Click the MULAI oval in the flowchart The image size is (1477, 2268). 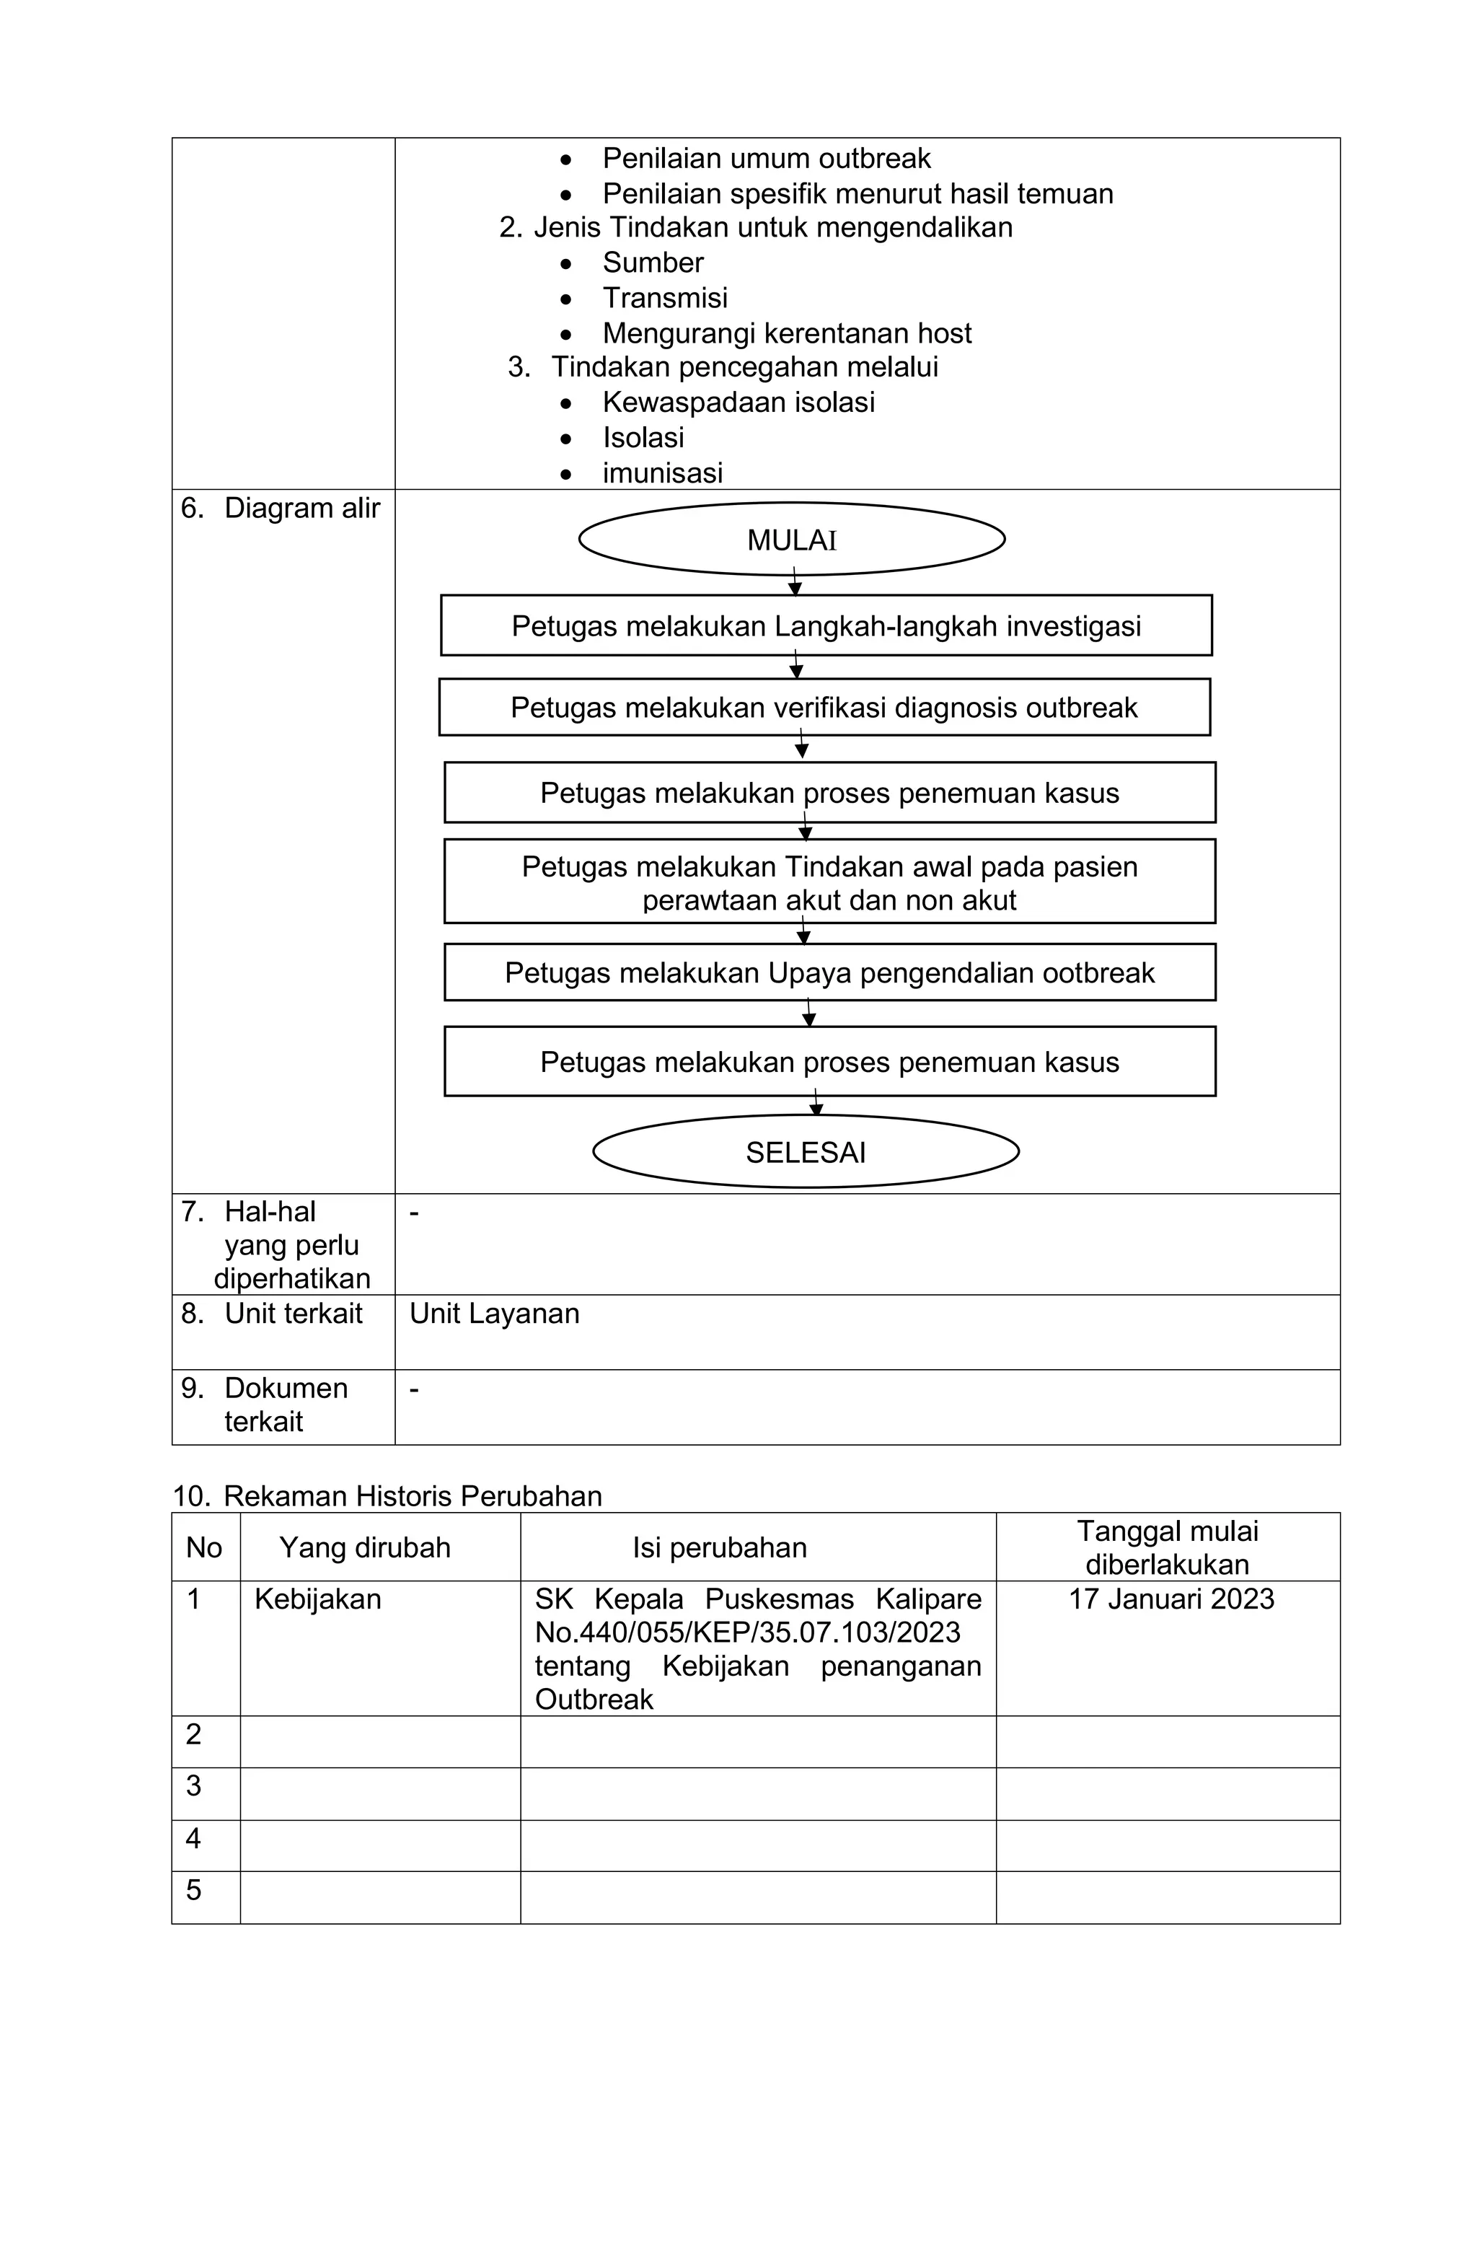[x=791, y=540]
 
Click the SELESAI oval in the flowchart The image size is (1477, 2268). [x=805, y=1152]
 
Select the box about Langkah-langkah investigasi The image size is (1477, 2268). [x=825, y=625]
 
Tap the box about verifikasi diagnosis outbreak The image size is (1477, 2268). [x=824, y=707]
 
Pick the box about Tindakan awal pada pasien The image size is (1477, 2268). [x=829, y=882]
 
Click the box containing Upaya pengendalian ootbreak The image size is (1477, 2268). [x=829, y=972]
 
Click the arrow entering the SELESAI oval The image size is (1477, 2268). [x=816, y=1104]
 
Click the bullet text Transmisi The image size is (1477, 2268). [x=664, y=298]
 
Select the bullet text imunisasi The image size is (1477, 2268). [x=662, y=472]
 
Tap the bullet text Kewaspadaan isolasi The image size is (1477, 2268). [x=738, y=402]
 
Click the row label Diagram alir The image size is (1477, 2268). [x=301, y=509]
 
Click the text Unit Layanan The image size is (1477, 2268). [x=493, y=1313]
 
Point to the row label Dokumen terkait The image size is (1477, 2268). [x=284, y=1404]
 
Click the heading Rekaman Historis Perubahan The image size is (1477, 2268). [x=412, y=1496]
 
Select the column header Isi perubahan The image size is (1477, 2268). [x=720, y=1547]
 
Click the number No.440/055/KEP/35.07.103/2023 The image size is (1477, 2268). [x=747, y=1632]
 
